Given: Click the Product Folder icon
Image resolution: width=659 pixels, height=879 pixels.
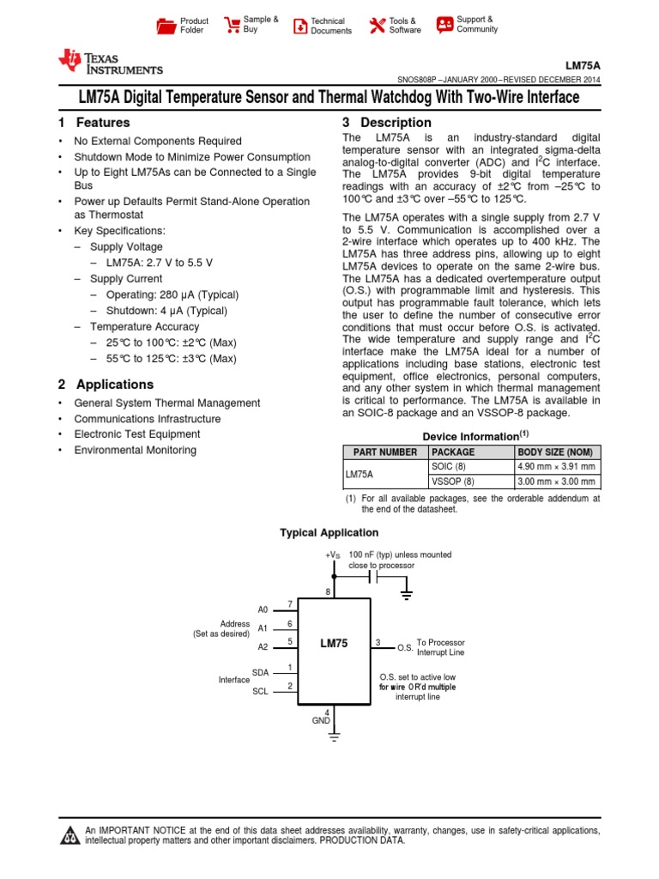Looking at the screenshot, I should (x=166, y=26).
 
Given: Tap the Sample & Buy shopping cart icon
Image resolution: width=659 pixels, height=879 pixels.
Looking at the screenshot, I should (x=232, y=25).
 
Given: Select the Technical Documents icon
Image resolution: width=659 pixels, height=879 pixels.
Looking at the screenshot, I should (x=299, y=26).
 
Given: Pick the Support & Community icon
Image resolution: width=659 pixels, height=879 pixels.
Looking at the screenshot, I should (x=444, y=24).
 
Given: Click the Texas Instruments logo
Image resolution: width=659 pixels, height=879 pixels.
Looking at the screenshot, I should (x=109, y=63).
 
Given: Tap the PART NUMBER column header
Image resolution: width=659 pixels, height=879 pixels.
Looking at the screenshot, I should (x=381, y=452).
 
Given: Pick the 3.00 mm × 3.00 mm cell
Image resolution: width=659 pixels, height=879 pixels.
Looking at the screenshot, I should (x=555, y=482).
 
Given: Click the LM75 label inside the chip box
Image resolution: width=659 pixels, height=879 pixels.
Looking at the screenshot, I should (x=334, y=643).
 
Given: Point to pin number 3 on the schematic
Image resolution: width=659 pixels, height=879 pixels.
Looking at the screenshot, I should (x=378, y=642).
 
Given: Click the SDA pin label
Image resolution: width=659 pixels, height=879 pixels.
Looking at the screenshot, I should (x=260, y=672).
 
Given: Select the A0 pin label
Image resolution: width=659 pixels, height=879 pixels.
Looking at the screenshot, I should (x=263, y=609).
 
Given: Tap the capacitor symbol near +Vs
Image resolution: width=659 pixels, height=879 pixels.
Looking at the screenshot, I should (x=374, y=578).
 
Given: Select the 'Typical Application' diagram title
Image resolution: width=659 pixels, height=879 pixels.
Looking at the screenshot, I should (x=329, y=533).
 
